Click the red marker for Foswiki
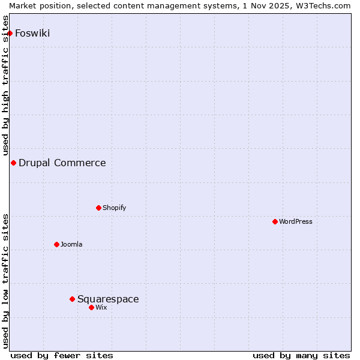(10, 33)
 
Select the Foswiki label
(32, 33)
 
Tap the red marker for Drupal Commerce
(13, 163)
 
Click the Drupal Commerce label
(62, 163)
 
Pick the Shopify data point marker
(98, 208)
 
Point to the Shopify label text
(114, 208)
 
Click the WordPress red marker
(275, 221)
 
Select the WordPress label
(296, 221)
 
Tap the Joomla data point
(56, 244)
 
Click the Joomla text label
(71, 244)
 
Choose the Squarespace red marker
(72, 299)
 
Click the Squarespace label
(108, 299)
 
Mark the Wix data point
(91, 307)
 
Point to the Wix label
(101, 307)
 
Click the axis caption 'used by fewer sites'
(62, 355)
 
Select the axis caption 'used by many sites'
(301, 355)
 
